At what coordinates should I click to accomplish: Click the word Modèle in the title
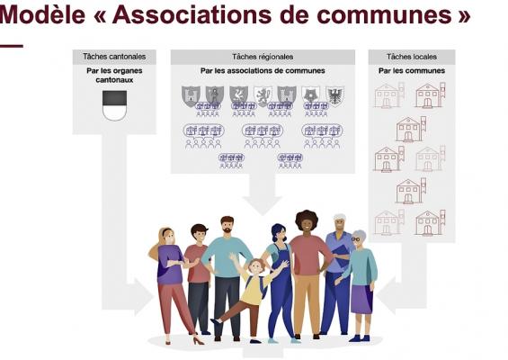42,14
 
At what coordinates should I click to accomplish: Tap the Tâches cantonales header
114,57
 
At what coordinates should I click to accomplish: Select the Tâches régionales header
263,57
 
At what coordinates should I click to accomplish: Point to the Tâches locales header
412,57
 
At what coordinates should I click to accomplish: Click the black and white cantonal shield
115,105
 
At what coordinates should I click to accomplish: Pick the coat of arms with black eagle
335,95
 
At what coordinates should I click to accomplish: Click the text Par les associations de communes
263,71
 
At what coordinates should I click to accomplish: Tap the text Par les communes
412,71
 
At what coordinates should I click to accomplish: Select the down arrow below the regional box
263,193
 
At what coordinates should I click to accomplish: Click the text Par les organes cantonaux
114,76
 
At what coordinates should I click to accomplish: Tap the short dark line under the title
12,46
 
